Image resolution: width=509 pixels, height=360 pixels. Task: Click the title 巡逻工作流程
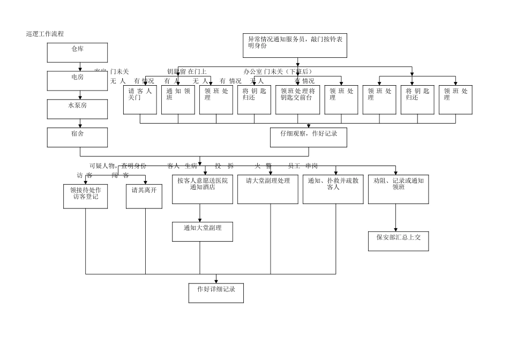pos(45,34)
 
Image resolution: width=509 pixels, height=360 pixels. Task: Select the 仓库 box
pos(77,52)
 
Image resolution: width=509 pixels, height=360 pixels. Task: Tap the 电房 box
pos(77,81)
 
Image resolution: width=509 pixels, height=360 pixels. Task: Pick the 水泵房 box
pos(77,109)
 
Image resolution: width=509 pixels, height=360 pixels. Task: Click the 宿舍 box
pos(77,137)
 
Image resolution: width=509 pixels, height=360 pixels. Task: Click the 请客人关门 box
pos(140,101)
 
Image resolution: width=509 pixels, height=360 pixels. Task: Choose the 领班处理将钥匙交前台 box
pos(297,101)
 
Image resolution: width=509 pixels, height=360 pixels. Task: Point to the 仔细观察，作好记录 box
pos(308,137)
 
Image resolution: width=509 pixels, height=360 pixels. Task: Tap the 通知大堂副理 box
pos(202,231)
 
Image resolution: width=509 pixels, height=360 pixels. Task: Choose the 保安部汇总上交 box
pos(398,241)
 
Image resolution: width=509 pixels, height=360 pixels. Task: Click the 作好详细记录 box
pos(216,292)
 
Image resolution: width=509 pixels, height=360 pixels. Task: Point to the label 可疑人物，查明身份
pos(117,166)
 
